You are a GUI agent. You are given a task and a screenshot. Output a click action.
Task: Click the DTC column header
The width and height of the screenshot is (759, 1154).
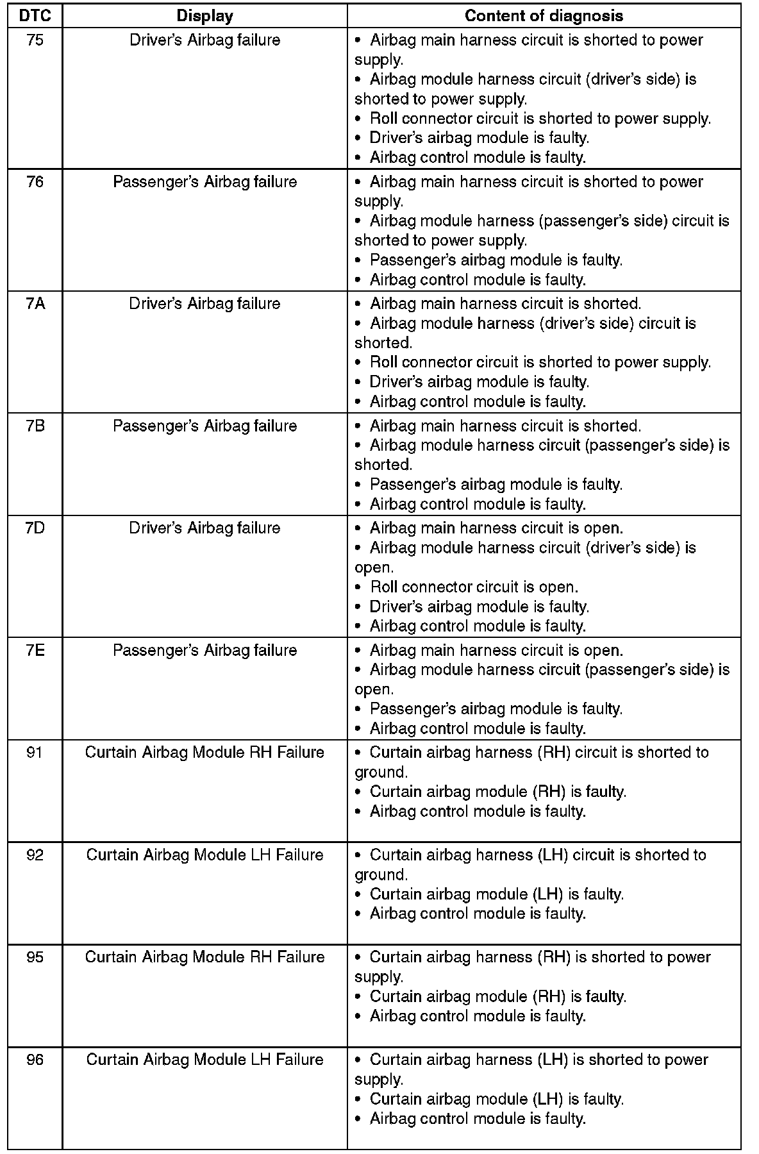point(35,16)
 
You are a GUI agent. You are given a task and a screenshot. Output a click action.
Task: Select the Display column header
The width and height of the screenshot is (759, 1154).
point(204,16)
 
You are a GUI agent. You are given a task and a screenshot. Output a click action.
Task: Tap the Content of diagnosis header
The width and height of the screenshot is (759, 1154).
point(544,16)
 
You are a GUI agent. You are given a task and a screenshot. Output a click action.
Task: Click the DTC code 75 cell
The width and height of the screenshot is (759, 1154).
point(35,40)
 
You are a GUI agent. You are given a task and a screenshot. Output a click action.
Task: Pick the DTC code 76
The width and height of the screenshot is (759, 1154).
point(35,182)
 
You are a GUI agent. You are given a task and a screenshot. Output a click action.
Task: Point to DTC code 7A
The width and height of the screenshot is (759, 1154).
point(35,304)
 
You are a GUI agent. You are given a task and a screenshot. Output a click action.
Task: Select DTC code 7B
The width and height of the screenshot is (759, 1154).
point(35,426)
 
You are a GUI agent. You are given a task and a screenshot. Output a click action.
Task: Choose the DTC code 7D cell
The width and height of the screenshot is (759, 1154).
point(35,528)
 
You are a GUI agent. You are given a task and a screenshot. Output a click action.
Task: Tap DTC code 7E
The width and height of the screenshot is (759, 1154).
point(35,650)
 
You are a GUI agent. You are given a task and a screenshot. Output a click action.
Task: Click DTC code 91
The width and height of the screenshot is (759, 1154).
point(35,753)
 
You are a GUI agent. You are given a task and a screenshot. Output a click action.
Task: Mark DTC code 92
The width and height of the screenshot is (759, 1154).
point(35,855)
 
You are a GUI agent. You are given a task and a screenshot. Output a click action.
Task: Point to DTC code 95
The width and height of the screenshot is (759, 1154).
point(35,957)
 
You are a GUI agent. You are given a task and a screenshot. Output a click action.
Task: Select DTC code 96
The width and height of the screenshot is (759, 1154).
point(35,1060)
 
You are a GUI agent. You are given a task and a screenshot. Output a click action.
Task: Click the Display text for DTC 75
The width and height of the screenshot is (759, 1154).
point(204,40)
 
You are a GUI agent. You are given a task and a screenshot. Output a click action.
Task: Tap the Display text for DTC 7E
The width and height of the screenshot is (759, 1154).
point(204,650)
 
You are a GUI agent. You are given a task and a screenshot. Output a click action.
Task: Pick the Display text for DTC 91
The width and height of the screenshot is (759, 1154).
point(204,753)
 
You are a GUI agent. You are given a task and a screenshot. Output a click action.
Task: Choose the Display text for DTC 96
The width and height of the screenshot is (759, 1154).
point(204,1060)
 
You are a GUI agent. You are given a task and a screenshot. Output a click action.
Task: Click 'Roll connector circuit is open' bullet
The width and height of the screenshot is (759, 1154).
point(474,587)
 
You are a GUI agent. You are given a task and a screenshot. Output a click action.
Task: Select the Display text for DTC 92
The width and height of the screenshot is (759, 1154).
point(204,855)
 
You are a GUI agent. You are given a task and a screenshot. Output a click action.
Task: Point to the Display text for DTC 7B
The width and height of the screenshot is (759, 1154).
point(204,426)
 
